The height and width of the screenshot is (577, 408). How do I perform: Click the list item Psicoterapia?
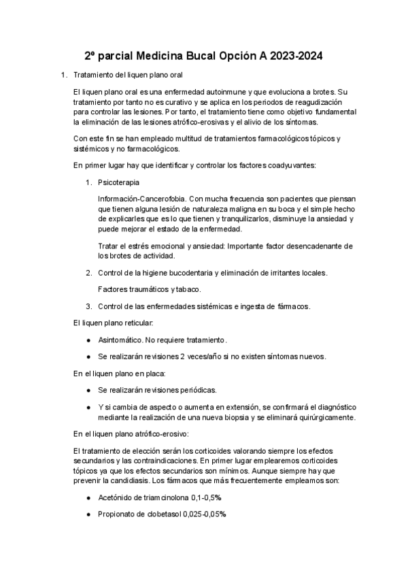[120, 182]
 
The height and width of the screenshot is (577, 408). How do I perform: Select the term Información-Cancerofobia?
[141, 199]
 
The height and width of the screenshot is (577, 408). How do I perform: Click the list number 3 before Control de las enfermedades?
[88, 306]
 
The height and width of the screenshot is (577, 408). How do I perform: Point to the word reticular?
[135, 323]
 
